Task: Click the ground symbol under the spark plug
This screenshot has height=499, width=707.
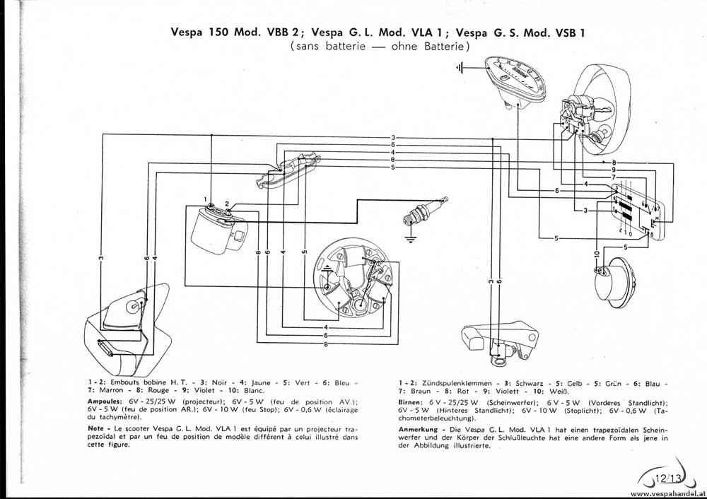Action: (x=409, y=237)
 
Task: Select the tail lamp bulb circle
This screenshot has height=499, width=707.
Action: (x=132, y=306)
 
